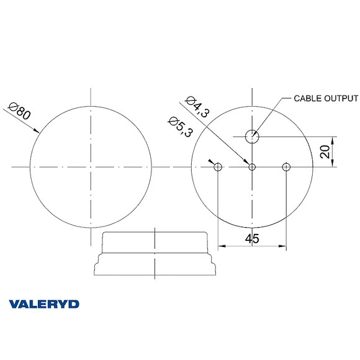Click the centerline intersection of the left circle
[91, 166]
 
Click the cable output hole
[252, 136]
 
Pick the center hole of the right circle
[252, 166]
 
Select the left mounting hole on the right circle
[218, 166]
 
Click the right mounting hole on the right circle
[286, 166]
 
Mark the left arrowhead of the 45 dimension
[221, 247]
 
